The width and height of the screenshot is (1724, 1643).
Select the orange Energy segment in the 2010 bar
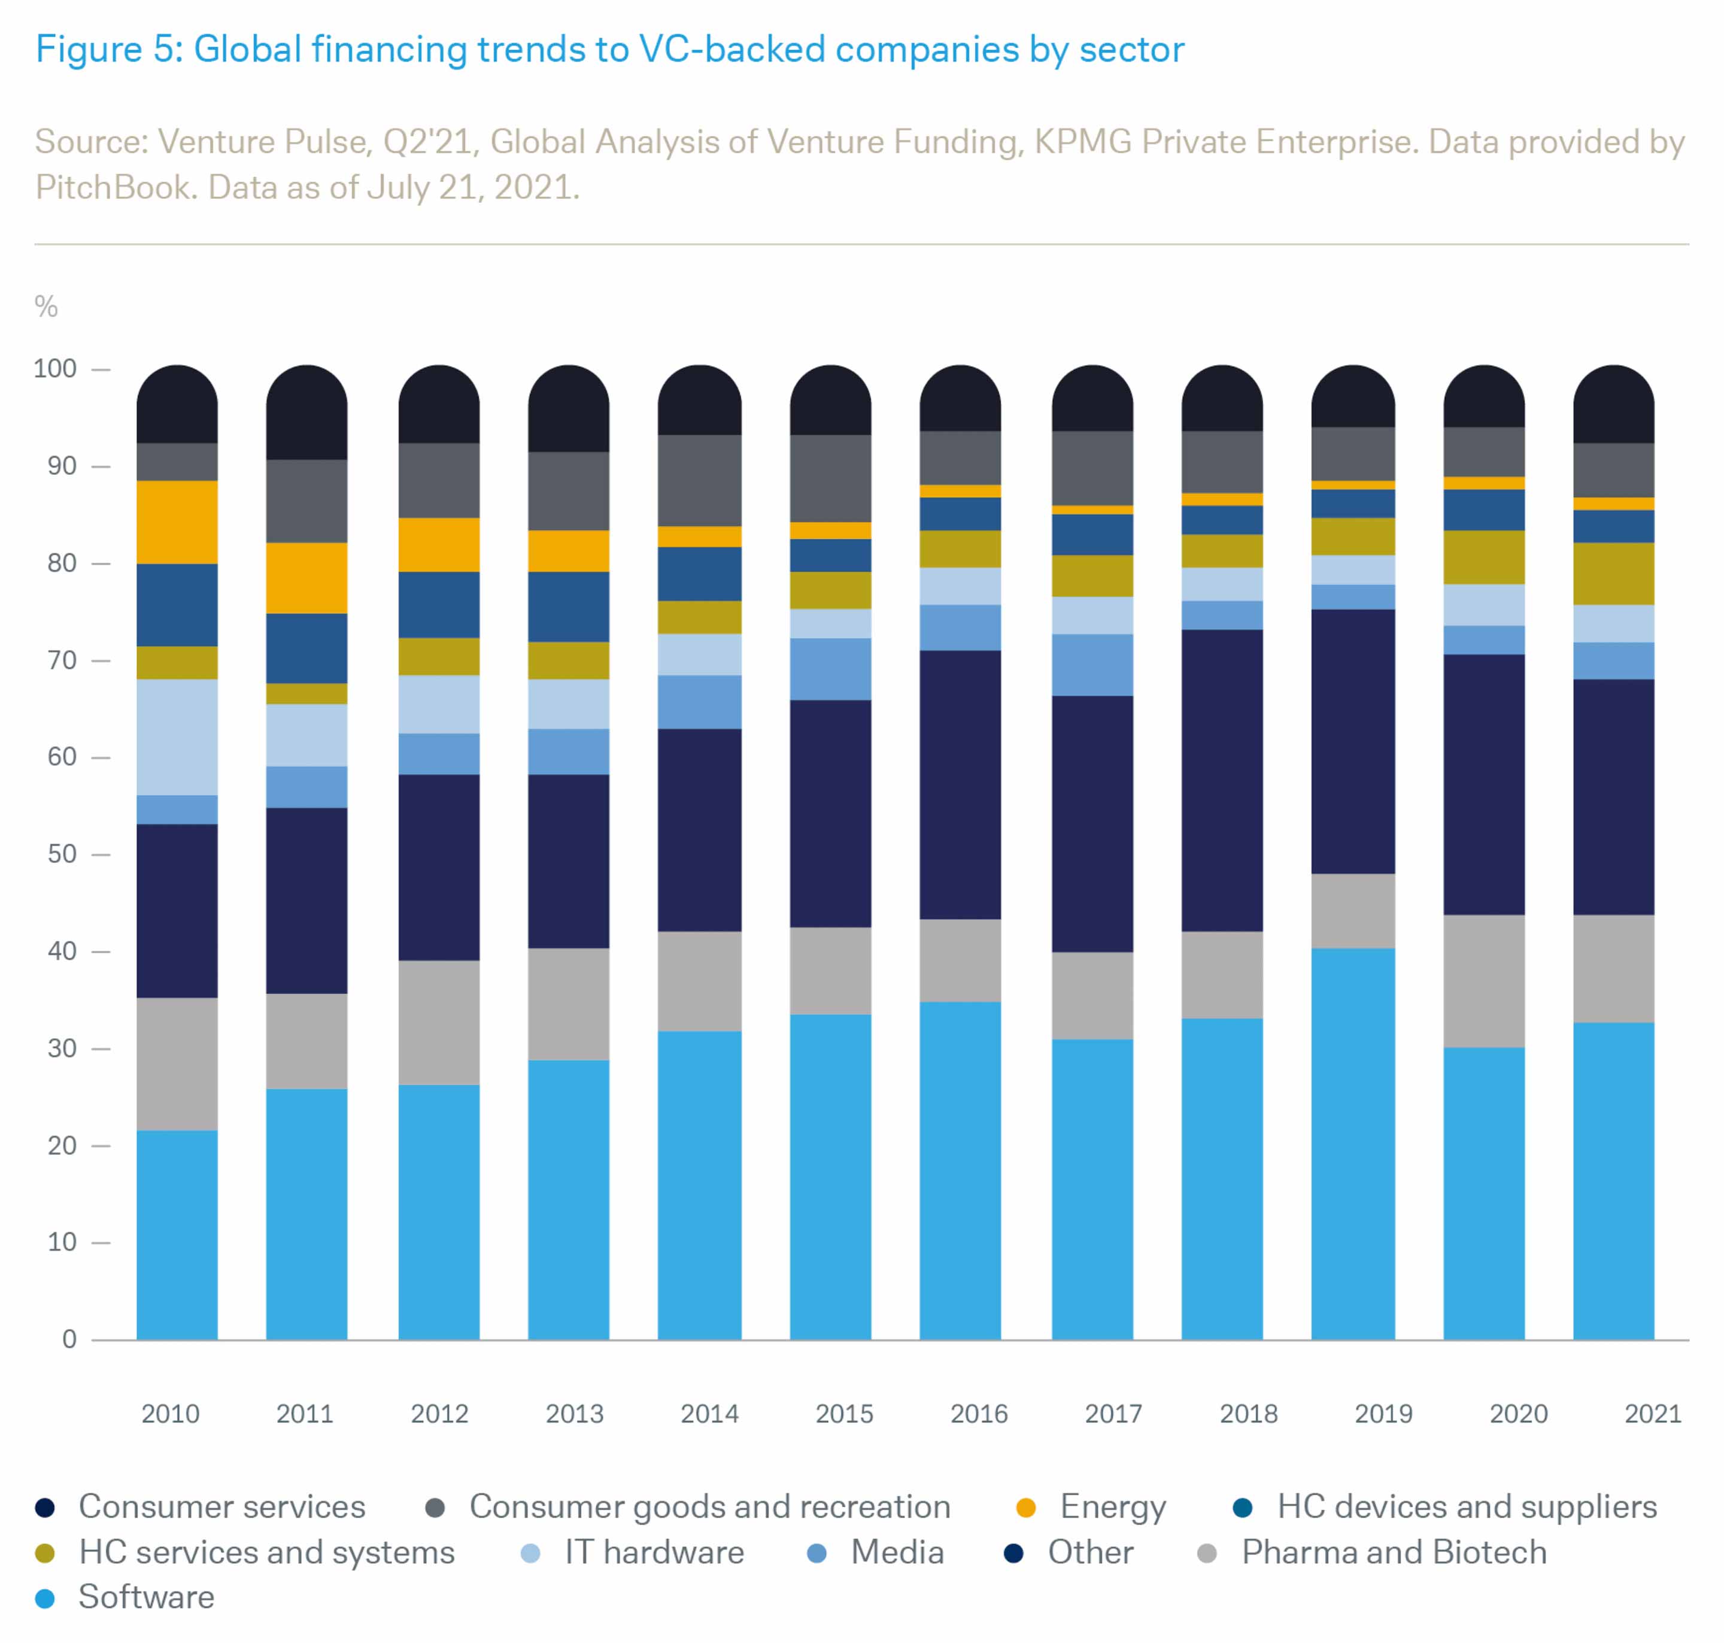tap(177, 522)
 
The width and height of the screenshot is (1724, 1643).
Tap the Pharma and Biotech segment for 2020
tap(1483, 981)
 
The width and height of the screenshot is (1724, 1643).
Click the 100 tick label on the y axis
tap(55, 369)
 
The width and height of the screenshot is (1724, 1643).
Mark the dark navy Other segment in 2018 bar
tap(1221, 780)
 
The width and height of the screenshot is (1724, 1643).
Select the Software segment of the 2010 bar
tap(177, 1235)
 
